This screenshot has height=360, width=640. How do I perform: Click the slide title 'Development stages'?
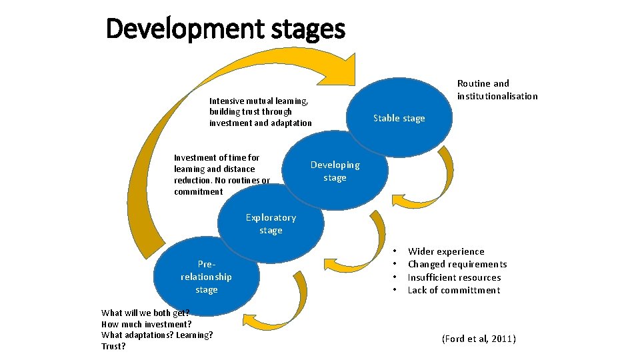click(x=225, y=29)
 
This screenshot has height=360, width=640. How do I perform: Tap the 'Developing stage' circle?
click(x=335, y=171)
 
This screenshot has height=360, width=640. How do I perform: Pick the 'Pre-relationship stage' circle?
click(x=206, y=277)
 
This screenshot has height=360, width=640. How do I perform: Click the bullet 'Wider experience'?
click(x=446, y=251)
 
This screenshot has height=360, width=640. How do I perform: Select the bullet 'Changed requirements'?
click(x=457, y=264)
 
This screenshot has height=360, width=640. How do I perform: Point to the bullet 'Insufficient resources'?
click(x=454, y=277)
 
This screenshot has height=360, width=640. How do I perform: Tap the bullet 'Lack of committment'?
click(x=453, y=290)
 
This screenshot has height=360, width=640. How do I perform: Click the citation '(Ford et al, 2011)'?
click(x=479, y=339)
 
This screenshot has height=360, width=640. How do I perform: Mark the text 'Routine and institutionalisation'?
click(x=497, y=89)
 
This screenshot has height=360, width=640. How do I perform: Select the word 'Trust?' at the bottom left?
click(x=113, y=347)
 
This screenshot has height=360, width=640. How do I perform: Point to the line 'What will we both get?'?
click(x=145, y=313)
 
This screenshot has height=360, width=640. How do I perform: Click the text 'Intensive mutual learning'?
click(x=259, y=101)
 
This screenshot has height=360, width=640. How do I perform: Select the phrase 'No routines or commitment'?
click(x=221, y=186)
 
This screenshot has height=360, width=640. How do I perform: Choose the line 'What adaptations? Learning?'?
click(x=157, y=335)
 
